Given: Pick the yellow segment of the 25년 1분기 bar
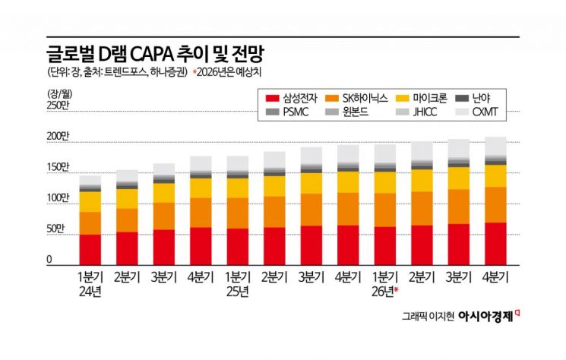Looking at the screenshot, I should coord(238,188).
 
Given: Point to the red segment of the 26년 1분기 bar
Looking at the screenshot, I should coord(384,245).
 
